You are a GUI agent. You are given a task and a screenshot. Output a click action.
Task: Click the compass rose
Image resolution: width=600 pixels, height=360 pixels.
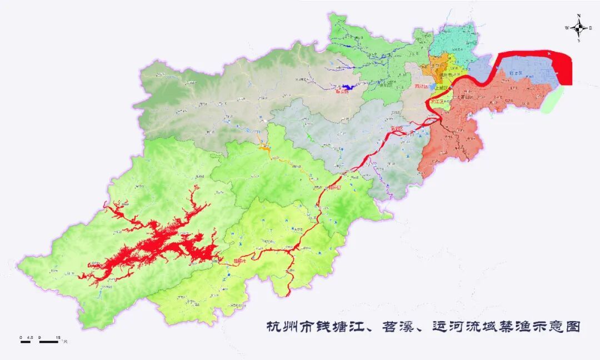578,27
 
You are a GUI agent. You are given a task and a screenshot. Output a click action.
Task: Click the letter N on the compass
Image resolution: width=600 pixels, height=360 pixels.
578,16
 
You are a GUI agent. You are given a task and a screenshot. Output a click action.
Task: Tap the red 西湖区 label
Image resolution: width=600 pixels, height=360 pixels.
422,87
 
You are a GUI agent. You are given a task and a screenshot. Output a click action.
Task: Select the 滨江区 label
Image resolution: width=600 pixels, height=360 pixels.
437,102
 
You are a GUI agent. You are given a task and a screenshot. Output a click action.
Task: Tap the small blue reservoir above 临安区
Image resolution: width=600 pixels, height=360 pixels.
347,87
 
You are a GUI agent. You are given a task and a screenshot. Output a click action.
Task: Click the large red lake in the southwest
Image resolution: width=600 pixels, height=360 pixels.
156,244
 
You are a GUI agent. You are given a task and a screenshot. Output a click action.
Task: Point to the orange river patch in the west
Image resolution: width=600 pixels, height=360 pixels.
264,148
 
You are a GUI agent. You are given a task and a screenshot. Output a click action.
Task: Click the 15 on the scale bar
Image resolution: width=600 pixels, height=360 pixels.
58,337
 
